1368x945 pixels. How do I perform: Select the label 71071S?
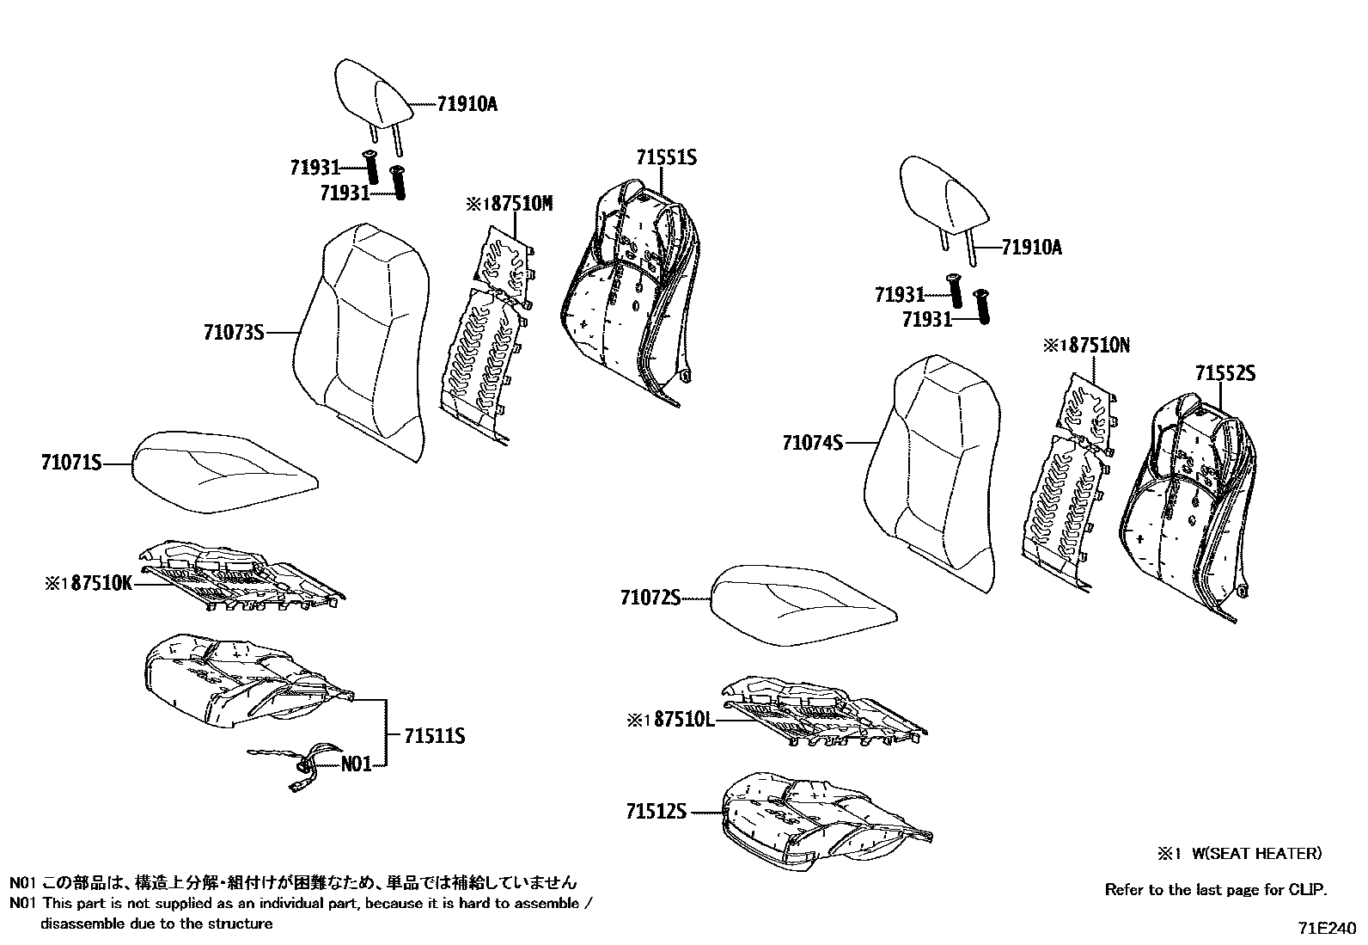pos(71,463)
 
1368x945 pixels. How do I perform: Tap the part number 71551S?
pos(666,158)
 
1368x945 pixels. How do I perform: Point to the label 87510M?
pos(521,204)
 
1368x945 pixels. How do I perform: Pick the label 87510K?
pos(101,583)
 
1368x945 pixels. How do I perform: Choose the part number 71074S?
pos(812,443)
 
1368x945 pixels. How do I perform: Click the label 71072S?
pos(650,597)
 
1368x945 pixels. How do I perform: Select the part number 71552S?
pos(1224,373)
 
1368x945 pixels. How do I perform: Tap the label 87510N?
pos(1097,346)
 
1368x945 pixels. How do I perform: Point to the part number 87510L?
pos(684,718)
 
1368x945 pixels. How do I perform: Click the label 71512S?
pos(657,811)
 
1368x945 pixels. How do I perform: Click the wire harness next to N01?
pos(296,761)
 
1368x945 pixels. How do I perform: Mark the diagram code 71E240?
pos(1327,929)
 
